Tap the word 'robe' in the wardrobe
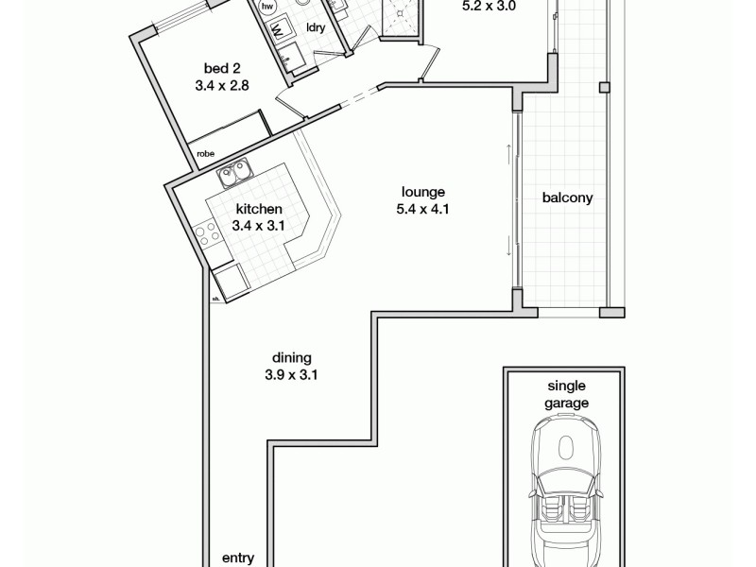pos(204,152)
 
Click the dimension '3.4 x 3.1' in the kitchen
pos(258,227)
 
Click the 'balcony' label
pos(567,198)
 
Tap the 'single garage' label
pos(567,394)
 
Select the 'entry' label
pos(237,558)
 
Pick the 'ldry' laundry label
pos(317,28)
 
